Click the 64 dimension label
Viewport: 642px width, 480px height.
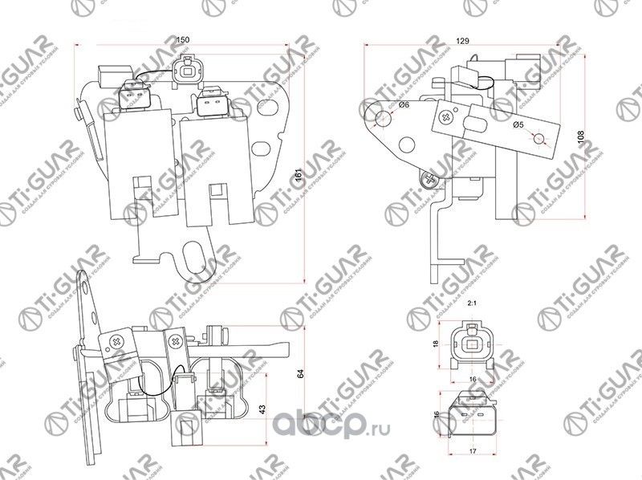(299, 374)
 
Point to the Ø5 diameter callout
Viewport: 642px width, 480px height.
(519, 125)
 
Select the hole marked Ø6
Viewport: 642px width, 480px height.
(384, 120)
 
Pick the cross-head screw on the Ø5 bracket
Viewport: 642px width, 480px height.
(446, 118)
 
